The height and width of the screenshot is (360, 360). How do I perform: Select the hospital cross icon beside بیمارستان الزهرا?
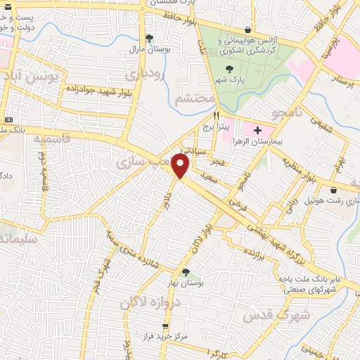pos(257,130)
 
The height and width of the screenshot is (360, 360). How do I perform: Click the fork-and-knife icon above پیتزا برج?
pos(217,116)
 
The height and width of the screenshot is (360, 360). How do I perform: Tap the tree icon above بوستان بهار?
pos(186,272)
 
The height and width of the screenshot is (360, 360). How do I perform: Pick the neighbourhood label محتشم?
pos(194,98)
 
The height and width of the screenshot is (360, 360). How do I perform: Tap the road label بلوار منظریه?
pos(297,169)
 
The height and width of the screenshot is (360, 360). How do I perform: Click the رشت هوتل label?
pos(309,202)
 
